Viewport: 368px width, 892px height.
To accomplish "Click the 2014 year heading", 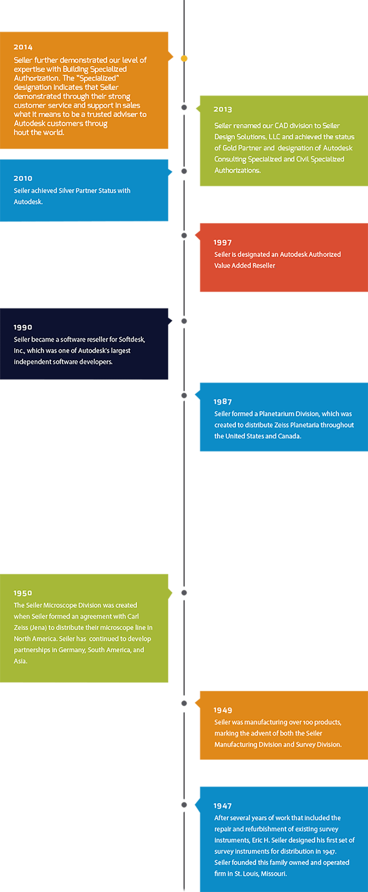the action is pyautogui.click(x=23, y=47).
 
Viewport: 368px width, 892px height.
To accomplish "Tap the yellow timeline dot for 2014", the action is pyautogui.click(x=184, y=59).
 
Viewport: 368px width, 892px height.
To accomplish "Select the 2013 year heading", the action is pyautogui.click(x=222, y=109).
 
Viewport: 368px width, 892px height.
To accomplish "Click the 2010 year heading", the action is pyautogui.click(x=23, y=178).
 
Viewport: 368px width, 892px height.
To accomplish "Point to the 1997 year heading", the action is pyautogui.click(x=222, y=243).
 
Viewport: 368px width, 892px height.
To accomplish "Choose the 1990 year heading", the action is pyautogui.click(x=23, y=327).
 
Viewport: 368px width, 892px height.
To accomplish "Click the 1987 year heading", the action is pyautogui.click(x=222, y=402).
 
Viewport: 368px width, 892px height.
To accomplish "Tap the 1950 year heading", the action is pyautogui.click(x=23, y=593).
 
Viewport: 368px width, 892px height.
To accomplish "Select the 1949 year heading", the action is pyautogui.click(x=222, y=710).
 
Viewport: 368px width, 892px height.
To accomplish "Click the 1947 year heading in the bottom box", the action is pyautogui.click(x=222, y=806).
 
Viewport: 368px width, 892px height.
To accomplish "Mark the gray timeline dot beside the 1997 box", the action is pyautogui.click(x=184, y=235).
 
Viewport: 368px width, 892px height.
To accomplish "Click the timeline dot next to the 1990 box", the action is pyautogui.click(x=184, y=321).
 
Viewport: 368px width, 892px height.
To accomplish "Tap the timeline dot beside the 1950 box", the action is pyautogui.click(x=184, y=593).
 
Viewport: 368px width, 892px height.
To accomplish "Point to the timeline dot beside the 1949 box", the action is pyautogui.click(x=184, y=703).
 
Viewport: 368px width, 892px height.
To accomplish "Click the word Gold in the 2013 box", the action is pyautogui.click(x=229, y=148).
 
